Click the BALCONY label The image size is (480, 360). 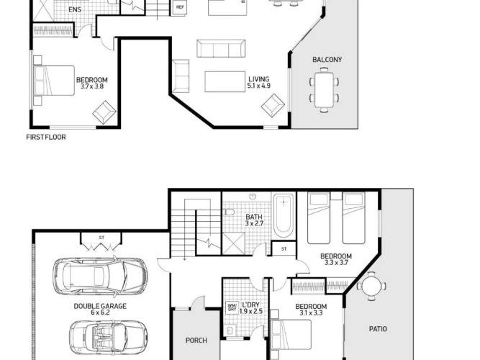click(x=327, y=60)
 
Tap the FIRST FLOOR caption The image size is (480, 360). click(x=46, y=138)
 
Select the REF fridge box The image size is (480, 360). click(x=180, y=7)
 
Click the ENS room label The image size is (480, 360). click(x=75, y=9)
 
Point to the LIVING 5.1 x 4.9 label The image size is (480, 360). click(x=258, y=82)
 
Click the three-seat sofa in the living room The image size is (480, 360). click(x=221, y=48)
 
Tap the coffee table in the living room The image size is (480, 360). click(x=225, y=81)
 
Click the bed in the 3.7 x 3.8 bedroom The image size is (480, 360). click(x=54, y=81)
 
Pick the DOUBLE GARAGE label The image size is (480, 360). click(x=100, y=306)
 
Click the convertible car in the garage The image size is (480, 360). click(x=109, y=337)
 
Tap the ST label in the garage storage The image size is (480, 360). click(x=101, y=238)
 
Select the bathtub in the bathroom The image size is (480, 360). click(x=284, y=215)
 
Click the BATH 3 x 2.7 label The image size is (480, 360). click(x=254, y=220)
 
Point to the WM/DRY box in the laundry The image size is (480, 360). click(x=232, y=307)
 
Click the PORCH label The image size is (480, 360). click(x=196, y=341)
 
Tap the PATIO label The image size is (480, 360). click(x=378, y=329)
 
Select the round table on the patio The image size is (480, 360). click(x=371, y=286)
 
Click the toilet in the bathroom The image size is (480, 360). click(x=228, y=212)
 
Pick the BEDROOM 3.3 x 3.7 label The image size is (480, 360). click(x=336, y=259)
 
